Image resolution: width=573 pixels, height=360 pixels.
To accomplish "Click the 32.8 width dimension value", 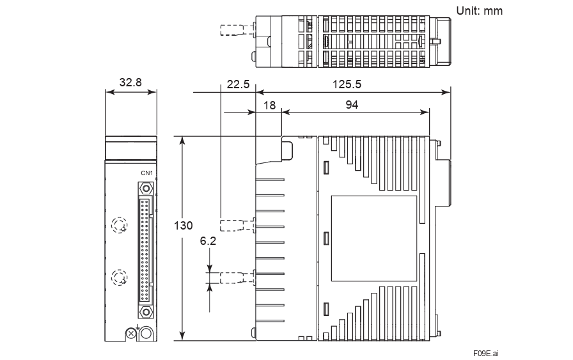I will pos(130,82).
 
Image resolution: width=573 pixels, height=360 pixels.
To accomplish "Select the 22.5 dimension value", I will pos(237,84).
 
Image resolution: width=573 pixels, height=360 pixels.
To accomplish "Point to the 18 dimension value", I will pos(269,105).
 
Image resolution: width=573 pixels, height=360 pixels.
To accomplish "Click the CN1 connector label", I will pos(146,173).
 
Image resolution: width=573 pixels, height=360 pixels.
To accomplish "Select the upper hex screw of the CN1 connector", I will pos(146,189).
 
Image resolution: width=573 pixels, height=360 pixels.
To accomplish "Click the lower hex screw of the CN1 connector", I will pos(146,311).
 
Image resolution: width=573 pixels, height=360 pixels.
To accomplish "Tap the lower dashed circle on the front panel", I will pos(118,277).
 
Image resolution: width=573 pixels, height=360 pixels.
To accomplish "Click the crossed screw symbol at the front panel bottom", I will pos(131,333).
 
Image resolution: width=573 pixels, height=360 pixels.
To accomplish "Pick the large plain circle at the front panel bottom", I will pos(146,333).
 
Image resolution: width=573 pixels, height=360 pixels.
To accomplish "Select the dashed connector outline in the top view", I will pos(236,30).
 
